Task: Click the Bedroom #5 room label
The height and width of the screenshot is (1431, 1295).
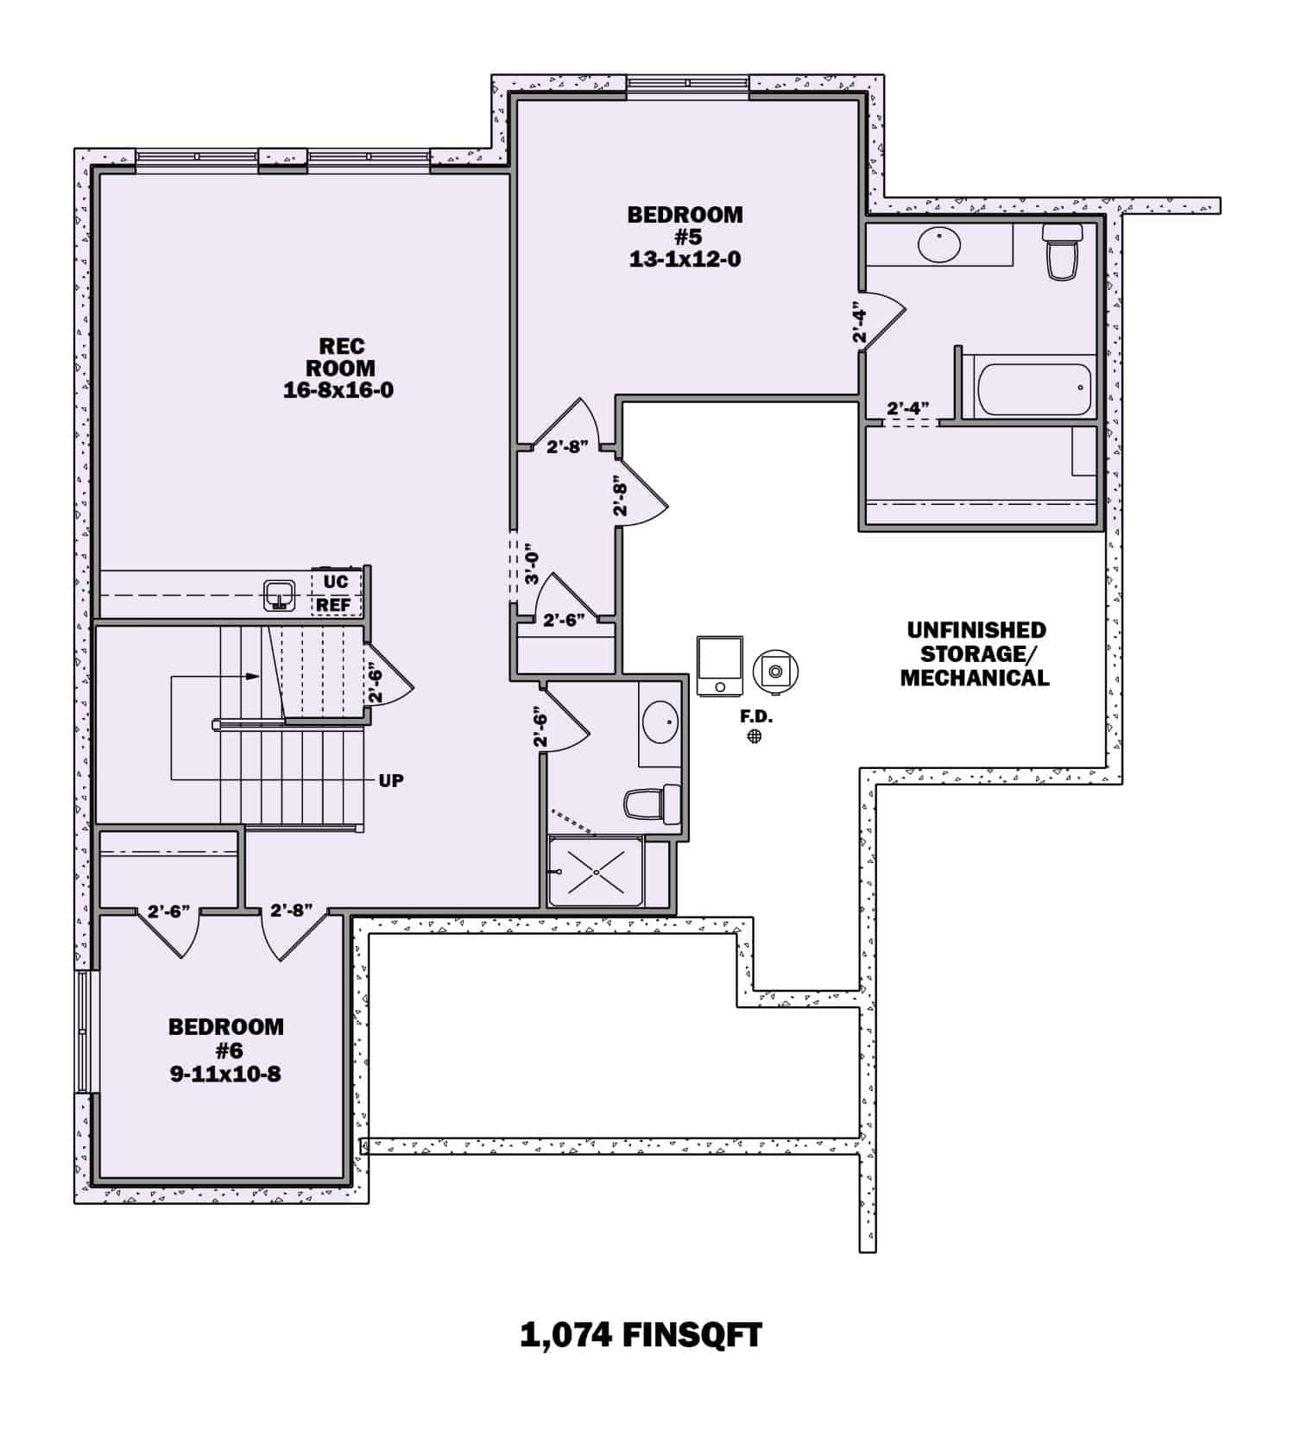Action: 685,236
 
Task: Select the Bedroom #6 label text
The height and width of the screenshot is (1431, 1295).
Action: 225,1050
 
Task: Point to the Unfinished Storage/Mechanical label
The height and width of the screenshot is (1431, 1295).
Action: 976,654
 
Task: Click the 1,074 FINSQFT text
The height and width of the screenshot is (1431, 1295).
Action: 641,1335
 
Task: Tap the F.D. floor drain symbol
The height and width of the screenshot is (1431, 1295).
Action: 755,735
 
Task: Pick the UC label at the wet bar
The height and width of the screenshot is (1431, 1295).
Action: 335,581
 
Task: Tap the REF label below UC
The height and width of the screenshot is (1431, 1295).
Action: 333,605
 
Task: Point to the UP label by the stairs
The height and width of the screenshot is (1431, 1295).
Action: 391,780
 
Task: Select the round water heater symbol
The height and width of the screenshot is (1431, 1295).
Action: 775,670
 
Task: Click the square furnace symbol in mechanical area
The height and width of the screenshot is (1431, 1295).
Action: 720,665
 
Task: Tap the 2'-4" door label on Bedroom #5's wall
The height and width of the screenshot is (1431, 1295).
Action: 859,323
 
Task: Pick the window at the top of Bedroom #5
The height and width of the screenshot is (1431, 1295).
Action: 687,83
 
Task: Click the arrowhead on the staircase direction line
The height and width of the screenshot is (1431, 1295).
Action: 253,677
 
